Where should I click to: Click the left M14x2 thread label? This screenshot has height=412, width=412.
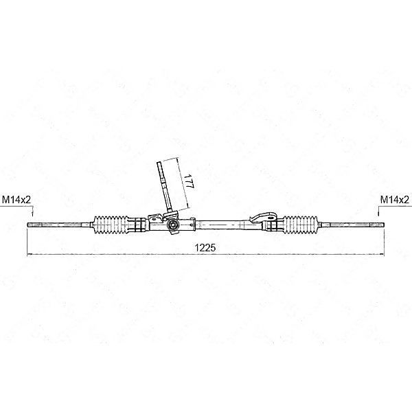click(17, 199)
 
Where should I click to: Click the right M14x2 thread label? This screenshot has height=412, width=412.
click(394, 199)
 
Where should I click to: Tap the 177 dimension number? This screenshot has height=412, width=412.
click(187, 182)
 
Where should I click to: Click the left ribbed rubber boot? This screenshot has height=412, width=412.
click(112, 223)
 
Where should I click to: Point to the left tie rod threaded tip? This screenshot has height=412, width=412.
click(31, 224)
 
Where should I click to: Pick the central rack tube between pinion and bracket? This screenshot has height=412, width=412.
click(220, 223)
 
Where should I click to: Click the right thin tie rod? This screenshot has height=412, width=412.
click(350, 224)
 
